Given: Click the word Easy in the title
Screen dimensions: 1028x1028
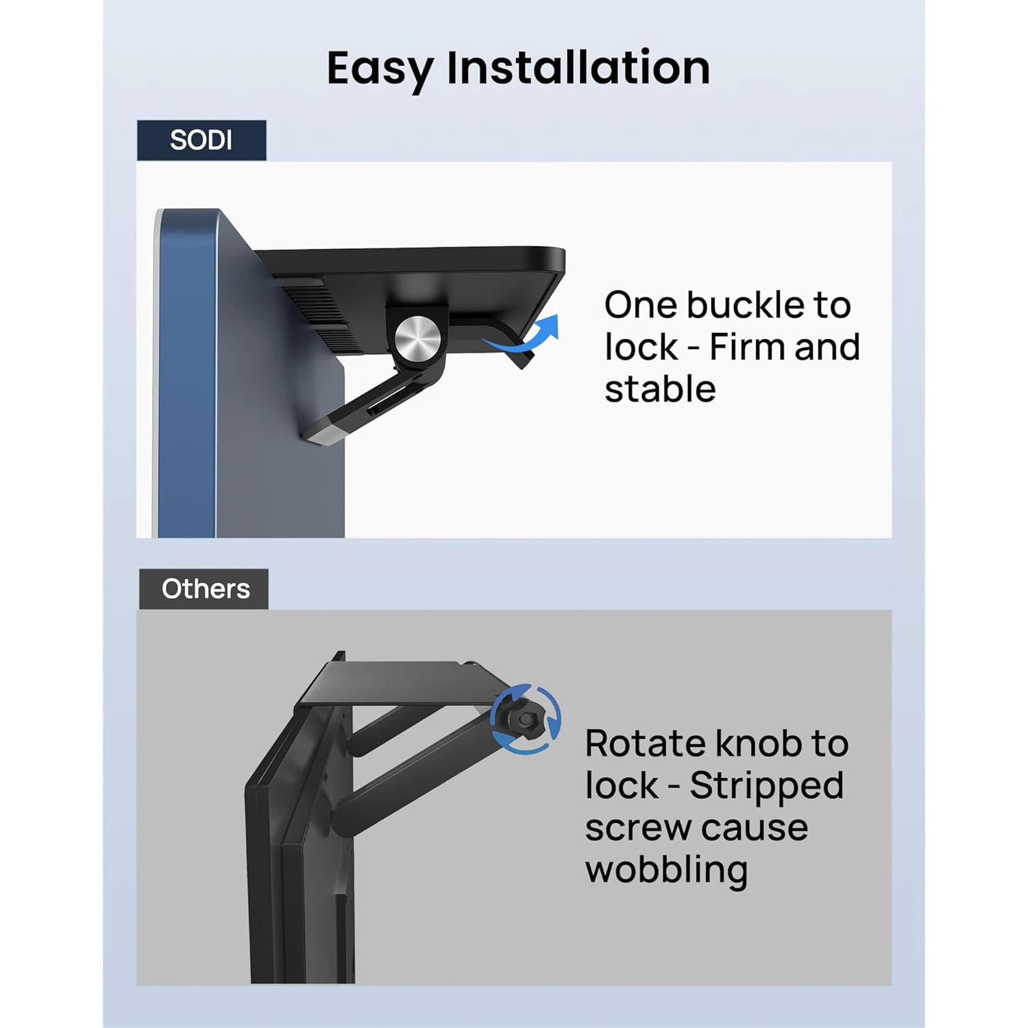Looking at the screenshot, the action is pos(380,69).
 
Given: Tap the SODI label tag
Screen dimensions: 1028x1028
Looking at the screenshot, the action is pos(201,140).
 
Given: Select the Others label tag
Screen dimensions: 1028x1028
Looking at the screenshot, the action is pos(204,589).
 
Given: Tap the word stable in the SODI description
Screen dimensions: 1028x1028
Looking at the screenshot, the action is pos(660,389).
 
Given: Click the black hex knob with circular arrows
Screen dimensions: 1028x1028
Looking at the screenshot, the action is pos(526,719).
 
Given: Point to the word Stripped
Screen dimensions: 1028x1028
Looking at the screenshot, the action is pos(767,787).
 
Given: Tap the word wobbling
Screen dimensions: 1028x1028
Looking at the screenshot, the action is pos(666,870).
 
